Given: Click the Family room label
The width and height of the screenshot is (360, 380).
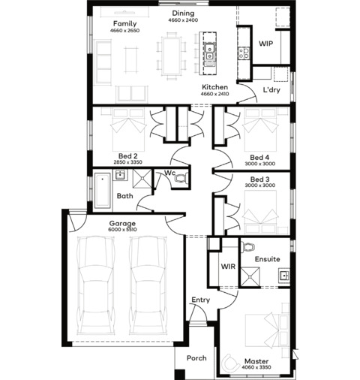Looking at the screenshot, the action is pyautogui.click(x=125, y=24).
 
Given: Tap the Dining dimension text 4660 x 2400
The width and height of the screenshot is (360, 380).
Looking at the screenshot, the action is pyautogui.click(x=183, y=20).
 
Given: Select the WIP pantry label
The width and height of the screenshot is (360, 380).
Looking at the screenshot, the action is pyautogui.click(x=265, y=44).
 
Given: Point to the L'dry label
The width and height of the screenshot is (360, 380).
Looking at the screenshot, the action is pyautogui.click(x=271, y=90).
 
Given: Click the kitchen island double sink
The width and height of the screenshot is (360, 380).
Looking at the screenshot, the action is pyautogui.click(x=209, y=52).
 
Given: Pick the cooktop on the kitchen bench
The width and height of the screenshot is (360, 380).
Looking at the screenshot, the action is pyautogui.click(x=243, y=53).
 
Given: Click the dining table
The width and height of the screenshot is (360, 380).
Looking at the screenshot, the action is pyautogui.click(x=171, y=56).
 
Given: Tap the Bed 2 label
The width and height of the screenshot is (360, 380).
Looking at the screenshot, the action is pyautogui.click(x=127, y=156).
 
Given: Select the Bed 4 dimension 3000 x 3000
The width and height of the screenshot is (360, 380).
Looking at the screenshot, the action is pyautogui.click(x=260, y=164).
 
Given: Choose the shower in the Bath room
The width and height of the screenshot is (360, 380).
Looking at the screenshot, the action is pyautogui.click(x=142, y=179).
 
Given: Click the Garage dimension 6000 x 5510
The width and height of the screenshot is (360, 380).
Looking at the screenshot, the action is pyautogui.click(x=122, y=230).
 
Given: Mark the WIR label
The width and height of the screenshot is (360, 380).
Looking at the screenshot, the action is pyautogui.click(x=228, y=267).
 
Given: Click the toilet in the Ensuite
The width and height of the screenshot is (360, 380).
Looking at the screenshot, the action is pyautogui.click(x=248, y=247).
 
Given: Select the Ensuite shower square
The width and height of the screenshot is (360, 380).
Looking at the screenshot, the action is pyautogui.click(x=250, y=276).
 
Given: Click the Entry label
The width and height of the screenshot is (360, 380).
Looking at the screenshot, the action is pyautogui.click(x=200, y=300).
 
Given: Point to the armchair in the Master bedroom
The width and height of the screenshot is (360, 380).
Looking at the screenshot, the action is pyautogui.click(x=229, y=362).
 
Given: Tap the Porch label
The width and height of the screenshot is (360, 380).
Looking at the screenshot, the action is pyautogui.click(x=196, y=358).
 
